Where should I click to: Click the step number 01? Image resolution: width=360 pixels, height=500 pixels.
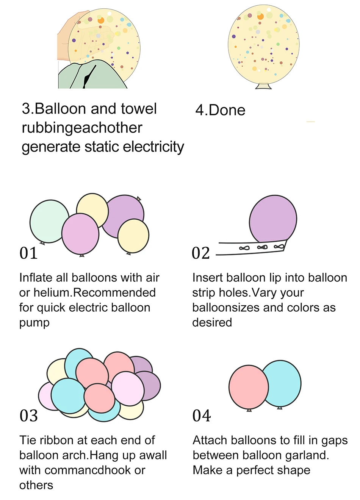click(x=29, y=253)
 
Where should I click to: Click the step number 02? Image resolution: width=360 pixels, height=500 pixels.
click(x=201, y=253)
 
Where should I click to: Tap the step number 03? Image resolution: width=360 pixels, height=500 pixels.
click(x=29, y=416)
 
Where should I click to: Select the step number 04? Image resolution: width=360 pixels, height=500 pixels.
click(x=202, y=416)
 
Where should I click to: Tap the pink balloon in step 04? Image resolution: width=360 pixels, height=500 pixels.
click(x=248, y=387)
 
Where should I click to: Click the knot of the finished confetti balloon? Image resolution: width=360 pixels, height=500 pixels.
click(x=263, y=86)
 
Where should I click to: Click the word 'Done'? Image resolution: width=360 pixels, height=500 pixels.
click(x=227, y=110)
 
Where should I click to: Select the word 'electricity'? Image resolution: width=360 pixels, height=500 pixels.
click(x=153, y=147)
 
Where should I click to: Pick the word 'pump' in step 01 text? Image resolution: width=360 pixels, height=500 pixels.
click(x=34, y=323)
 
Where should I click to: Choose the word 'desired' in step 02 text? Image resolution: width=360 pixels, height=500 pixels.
click(x=212, y=322)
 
